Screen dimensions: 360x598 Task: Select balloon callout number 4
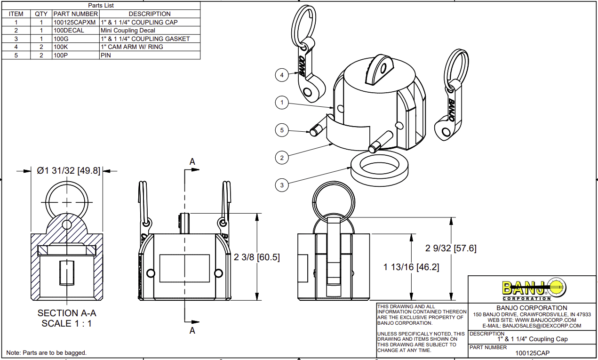pos(283,75)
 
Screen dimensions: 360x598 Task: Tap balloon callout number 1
pos(283,102)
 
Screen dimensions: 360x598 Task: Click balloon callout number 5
pos(283,130)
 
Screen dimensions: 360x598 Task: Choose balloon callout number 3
pos(283,185)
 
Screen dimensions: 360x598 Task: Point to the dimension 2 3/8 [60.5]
pos(253,258)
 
